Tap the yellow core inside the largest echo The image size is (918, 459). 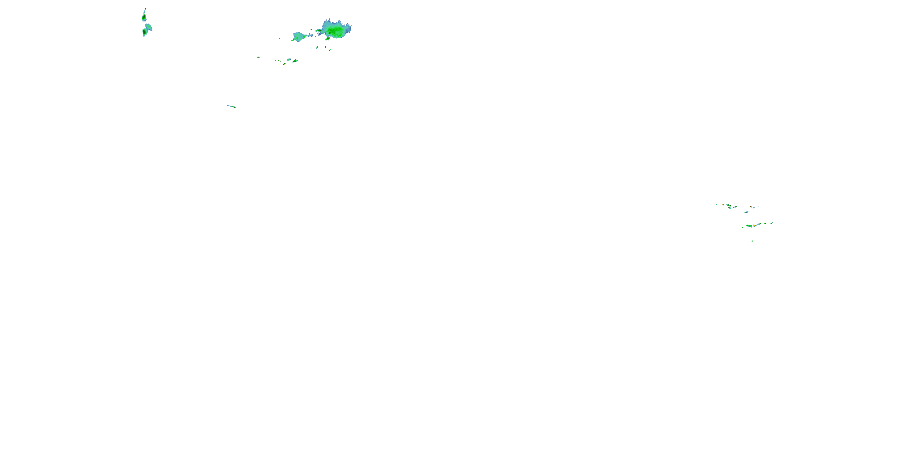[330, 33]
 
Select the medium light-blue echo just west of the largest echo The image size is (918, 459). [299, 36]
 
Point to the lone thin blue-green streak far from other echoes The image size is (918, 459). [232, 106]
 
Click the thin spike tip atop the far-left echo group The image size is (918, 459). [145, 8]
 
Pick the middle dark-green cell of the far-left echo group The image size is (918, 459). [144, 18]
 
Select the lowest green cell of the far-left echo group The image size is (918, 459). [144, 32]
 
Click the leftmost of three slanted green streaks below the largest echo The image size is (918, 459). [317, 47]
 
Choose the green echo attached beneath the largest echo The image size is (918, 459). [327, 38]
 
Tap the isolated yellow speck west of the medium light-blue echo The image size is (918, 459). [280, 39]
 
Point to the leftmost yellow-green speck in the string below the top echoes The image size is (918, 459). [258, 57]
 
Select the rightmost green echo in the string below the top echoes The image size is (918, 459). [295, 61]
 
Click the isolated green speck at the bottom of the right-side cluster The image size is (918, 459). [752, 241]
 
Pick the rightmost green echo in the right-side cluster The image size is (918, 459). [771, 223]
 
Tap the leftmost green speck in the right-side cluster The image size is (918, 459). [716, 204]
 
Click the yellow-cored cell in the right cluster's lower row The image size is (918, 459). [754, 226]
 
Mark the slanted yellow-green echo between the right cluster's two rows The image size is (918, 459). [747, 212]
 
